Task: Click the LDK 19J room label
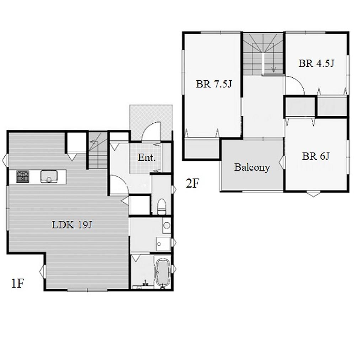coord(72,225)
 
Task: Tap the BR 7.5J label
coord(214,84)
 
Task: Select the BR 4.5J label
coord(316,63)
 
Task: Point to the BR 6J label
coord(316,156)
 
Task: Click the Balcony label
coord(252,167)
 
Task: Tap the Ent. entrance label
coord(146,157)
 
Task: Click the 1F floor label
coord(18,283)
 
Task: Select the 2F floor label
coord(192,183)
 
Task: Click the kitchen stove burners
coord(23,176)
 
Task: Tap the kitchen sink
coord(49,177)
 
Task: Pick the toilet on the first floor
coord(162,206)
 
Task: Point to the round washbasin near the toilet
coord(166,225)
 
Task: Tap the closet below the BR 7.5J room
coord(202,149)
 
